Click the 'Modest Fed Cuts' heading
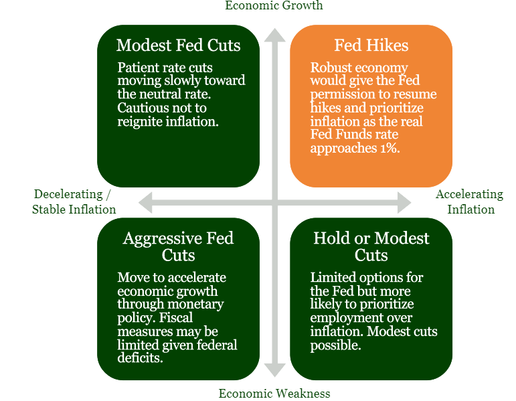pos(178,45)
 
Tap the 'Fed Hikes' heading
pos(371,45)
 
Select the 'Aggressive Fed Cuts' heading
pos(178,246)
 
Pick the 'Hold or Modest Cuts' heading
pos(371,246)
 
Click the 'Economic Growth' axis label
pos(274,5)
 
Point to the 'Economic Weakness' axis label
pos(274,394)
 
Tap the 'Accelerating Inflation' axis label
pos(470,202)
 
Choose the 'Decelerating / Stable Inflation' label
pos(74,202)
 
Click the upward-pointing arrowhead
pos(275,35)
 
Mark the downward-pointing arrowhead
pos(275,370)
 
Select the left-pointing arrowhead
pos(145,202)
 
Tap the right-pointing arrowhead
pos(404,202)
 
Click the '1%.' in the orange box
pos(390,148)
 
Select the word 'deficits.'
pos(140,357)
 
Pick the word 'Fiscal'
pos(176,317)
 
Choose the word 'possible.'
pos(336,345)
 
